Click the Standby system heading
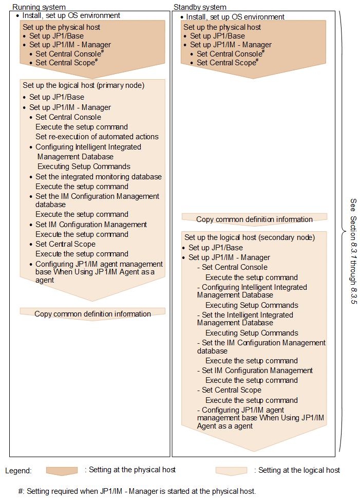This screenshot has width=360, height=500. pos(199,7)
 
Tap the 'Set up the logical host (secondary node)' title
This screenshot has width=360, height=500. pos(250,237)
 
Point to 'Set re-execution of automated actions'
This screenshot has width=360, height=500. pos(97,137)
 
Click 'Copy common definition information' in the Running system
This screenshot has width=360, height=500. pos(92,313)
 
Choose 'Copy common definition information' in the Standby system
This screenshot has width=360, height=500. pos(254,219)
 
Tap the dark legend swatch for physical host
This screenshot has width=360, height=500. pos(62,471)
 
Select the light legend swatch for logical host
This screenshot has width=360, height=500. pos(231,471)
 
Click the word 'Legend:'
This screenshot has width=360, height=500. pos(18,471)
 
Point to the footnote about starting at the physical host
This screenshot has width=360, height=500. pos(137,491)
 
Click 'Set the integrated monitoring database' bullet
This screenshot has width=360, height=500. pos(98,177)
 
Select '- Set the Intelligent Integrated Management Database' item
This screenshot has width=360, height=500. pos(244,319)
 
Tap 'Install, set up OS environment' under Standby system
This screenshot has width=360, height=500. pos(235,17)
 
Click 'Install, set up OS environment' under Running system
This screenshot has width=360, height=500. pos(71,15)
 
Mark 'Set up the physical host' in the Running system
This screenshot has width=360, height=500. pos(61,27)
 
